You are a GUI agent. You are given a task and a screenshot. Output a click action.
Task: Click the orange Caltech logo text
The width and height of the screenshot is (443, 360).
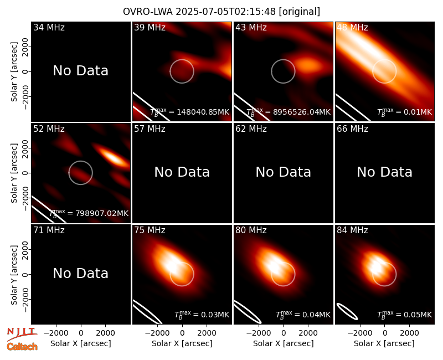[x=22, y=347]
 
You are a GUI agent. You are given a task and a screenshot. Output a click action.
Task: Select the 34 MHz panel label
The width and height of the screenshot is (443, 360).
[x=49, y=27]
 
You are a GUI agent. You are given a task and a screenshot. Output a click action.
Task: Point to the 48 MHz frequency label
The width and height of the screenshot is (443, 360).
[x=352, y=27]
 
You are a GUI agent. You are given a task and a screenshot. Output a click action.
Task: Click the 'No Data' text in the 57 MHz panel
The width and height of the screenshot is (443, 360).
[x=182, y=172]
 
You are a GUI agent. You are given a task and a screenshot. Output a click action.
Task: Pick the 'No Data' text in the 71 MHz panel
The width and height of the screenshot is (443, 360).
[x=81, y=273]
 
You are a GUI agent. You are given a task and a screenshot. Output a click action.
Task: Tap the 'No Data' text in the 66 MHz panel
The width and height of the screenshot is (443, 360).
[x=384, y=172]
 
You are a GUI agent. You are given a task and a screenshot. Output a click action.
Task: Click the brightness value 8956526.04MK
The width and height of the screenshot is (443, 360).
[x=302, y=112]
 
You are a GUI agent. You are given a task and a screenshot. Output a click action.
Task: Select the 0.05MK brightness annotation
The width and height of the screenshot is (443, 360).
[x=418, y=315]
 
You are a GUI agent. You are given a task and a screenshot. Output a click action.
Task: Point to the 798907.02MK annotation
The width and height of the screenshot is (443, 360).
[x=102, y=213]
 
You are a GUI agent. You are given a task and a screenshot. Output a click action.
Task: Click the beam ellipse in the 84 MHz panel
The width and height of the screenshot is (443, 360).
[x=347, y=311]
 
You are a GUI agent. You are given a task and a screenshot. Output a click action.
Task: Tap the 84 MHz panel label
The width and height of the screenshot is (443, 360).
[x=352, y=230]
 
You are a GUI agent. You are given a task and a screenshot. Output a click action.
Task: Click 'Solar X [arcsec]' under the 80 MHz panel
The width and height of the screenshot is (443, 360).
[x=284, y=343]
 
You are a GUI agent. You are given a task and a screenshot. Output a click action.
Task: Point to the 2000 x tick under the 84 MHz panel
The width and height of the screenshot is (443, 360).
[x=409, y=333]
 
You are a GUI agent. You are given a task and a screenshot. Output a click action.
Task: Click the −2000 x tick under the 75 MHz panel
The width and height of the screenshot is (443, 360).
[x=155, y=333]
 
